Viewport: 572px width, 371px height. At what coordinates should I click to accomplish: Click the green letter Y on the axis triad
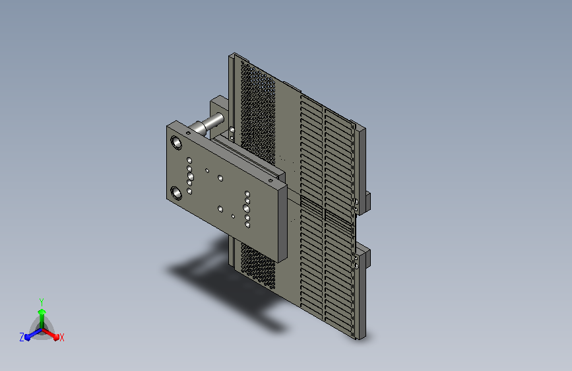point(42,302)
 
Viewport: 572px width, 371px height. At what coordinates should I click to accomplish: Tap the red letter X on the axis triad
point(61,337)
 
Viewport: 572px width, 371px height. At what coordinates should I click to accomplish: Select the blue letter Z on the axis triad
point(22,337)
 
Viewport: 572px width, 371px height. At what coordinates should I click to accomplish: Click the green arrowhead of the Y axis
point(42,312)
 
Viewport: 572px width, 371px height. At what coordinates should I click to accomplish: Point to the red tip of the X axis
point(56,337)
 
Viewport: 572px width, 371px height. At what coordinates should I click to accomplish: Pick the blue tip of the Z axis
point(28,338)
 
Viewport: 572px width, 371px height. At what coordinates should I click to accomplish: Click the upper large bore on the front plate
point(176,143)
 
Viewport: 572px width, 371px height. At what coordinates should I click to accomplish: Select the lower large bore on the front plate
point(176,193)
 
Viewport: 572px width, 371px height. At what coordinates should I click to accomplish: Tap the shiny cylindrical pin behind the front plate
point(207,123)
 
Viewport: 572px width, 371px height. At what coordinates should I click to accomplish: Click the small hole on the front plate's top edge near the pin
point(188,133)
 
